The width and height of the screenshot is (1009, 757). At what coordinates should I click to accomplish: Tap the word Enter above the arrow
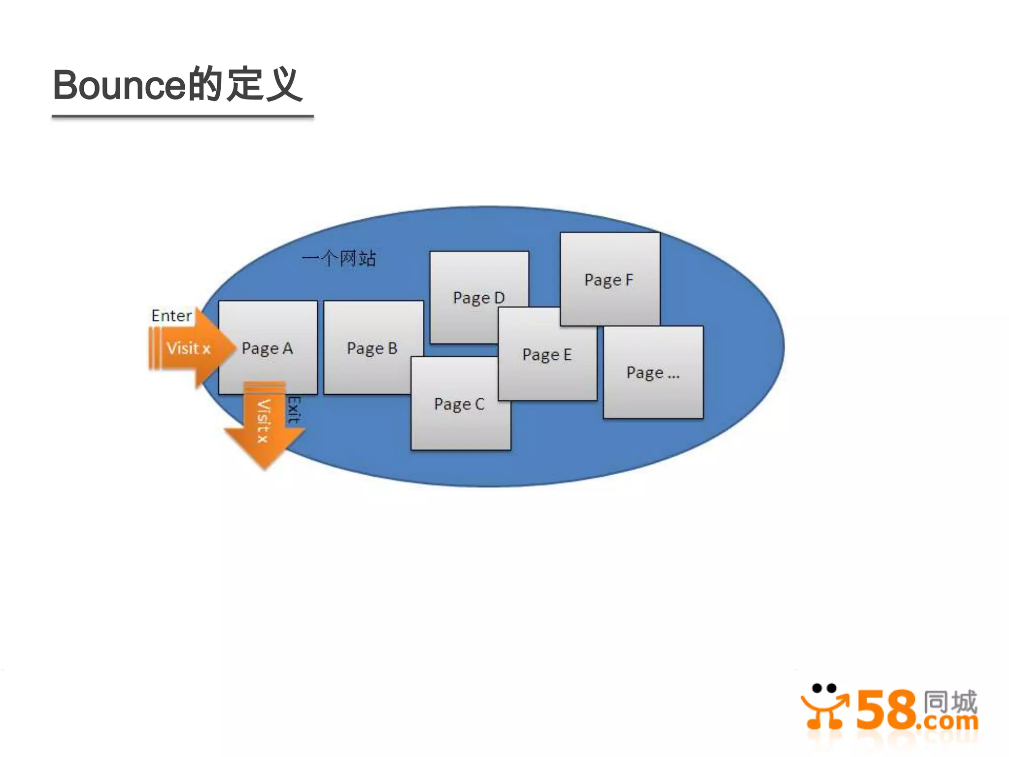coord(171,315)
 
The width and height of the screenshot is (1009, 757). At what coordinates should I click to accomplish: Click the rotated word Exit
coord(294,410)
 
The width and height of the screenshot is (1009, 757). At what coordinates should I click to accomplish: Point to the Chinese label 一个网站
coord(339,258)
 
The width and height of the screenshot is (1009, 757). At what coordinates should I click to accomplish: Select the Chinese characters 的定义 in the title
coord(245,84)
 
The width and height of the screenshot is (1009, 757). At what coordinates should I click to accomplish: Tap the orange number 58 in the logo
coord(886,710)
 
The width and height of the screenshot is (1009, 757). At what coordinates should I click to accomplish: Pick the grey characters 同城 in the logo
coord(950,701)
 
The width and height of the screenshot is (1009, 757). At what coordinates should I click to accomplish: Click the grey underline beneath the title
coord(182,117)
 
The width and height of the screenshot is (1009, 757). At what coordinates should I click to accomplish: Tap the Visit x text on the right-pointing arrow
coord(188,348)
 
